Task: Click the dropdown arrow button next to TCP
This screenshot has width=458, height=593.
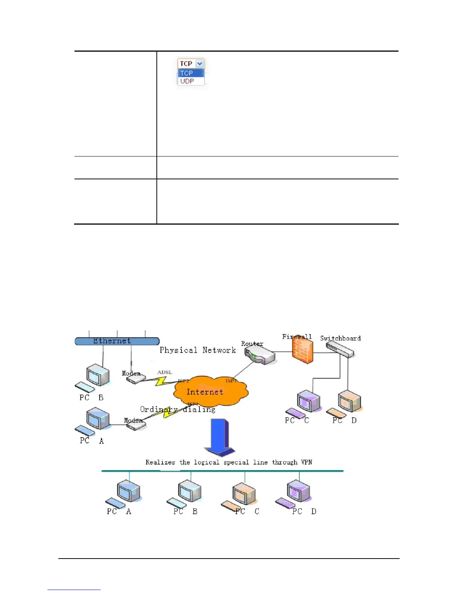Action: pos(200,64)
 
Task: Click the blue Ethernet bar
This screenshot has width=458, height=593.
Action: pos(117,341)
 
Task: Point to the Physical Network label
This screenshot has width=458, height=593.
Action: pos(198,350)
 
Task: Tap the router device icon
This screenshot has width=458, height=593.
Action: pos(260,355)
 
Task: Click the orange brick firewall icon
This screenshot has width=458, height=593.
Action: pos(302,351)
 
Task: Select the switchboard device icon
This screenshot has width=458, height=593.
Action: pos(340,350)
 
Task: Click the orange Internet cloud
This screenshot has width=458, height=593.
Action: pos(210,392)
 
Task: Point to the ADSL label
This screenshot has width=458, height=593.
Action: pos(165,372)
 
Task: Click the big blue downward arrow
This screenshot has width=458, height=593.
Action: pos(220,437)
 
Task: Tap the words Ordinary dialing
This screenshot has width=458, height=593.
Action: pos(178,410)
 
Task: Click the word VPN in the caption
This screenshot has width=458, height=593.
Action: pos(306,462)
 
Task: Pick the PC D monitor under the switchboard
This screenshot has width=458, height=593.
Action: pos(349,401)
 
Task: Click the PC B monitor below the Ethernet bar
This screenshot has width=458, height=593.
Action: pos(98,375)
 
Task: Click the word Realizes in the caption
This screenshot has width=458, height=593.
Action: pos(160,462)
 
